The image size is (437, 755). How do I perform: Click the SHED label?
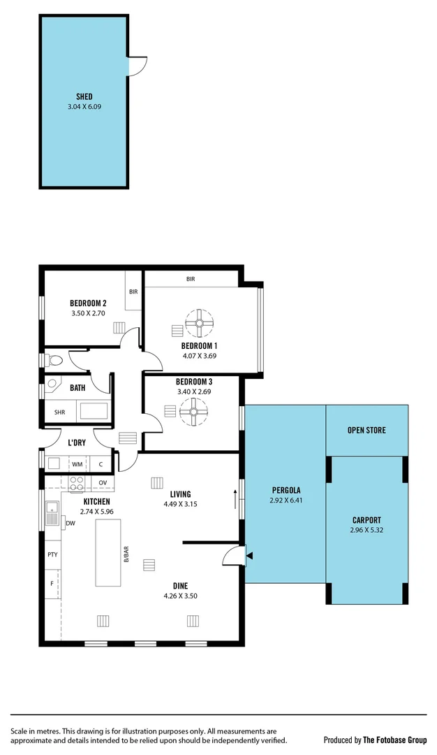[84, 96]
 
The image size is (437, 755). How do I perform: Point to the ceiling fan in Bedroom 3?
[193, 412]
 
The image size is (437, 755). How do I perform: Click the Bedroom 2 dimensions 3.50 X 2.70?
[88, 314]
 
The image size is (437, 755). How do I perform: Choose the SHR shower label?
[59, 412]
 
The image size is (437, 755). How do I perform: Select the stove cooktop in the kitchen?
[77, 482]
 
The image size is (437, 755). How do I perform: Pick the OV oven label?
[102, 482]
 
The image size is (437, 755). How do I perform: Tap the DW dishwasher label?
[70, 522]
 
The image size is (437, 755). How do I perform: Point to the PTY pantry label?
[52, 554]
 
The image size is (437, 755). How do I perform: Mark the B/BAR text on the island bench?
[126, 553]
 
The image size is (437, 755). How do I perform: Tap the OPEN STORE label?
[366, 430]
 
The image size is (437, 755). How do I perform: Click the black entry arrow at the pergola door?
[249, 556]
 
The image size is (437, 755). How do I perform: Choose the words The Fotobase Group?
[394, 740]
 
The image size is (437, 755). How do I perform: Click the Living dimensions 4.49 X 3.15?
[181, 503]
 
